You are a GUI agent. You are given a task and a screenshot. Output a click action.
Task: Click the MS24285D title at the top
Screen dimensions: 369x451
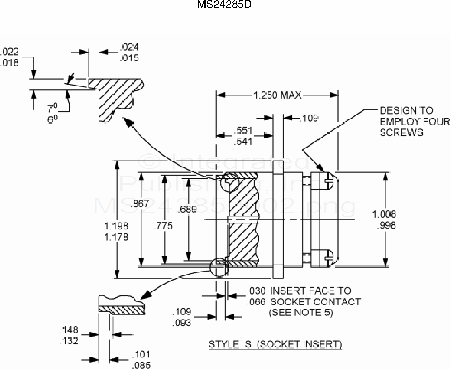225,5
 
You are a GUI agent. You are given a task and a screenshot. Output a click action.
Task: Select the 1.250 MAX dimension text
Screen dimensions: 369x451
277,95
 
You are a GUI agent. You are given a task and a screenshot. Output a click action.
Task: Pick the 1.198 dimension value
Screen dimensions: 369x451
116,225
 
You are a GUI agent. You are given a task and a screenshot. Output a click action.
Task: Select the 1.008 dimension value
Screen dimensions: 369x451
384,214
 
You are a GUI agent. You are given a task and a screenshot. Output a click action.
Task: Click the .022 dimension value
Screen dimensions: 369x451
9,52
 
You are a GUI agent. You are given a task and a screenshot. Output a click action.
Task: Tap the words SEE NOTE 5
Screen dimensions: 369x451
300,312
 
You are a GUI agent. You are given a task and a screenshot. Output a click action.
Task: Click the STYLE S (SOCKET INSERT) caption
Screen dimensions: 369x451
275,344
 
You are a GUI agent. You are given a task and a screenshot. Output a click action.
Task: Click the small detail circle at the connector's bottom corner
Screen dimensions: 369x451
218,266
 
